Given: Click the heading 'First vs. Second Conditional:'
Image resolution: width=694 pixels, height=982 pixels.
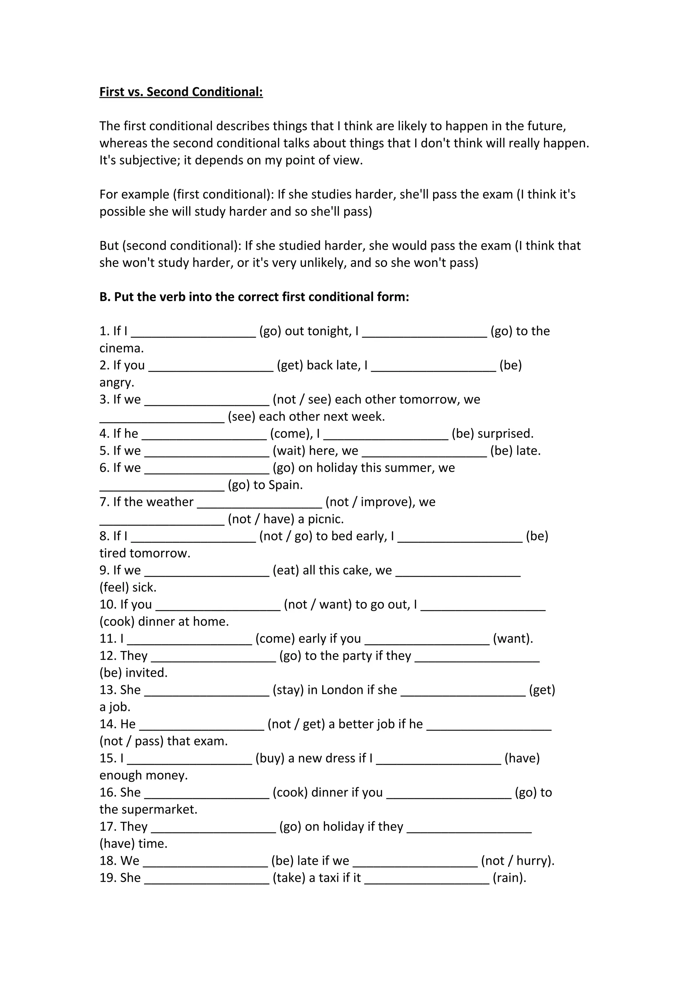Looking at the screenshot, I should tap(181, 92).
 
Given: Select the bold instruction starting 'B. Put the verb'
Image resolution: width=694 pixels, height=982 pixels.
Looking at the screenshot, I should tap(254, 297).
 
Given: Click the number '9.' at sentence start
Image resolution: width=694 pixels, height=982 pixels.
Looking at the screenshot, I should tap(104, 570).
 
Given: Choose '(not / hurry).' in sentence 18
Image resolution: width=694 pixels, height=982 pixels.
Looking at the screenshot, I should tap(517, 861).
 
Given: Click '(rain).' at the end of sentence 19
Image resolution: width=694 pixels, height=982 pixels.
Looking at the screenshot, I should tap(509, 878).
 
